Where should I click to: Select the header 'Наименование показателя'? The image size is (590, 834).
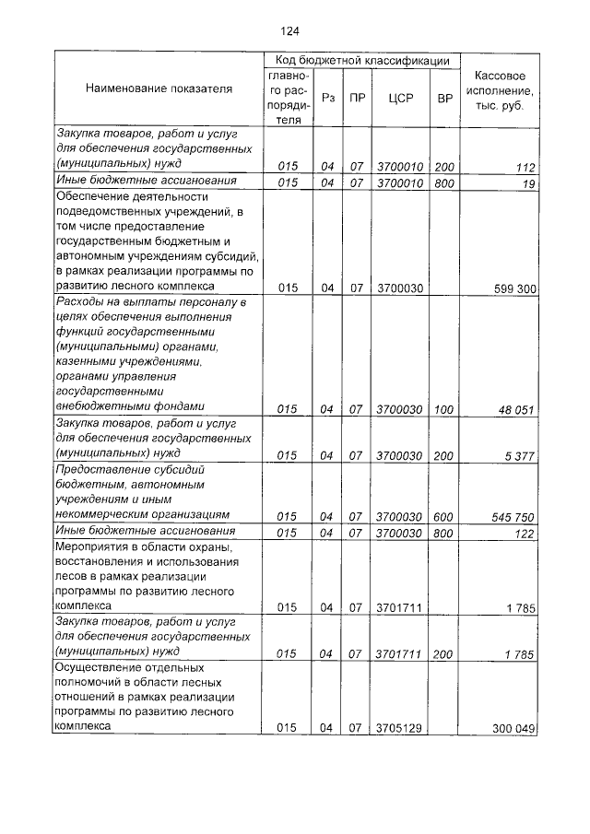pyautogui.click(x=159, y=88)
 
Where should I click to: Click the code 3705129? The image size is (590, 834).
pyautogui.click(x=399, y=728)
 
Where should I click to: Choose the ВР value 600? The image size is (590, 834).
pyautogui.click(x=445, y=515)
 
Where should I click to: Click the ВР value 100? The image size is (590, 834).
pyautogui.click(x=445, y=409)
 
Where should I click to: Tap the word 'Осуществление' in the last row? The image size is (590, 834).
pyautogui.click(x=98, y=666)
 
